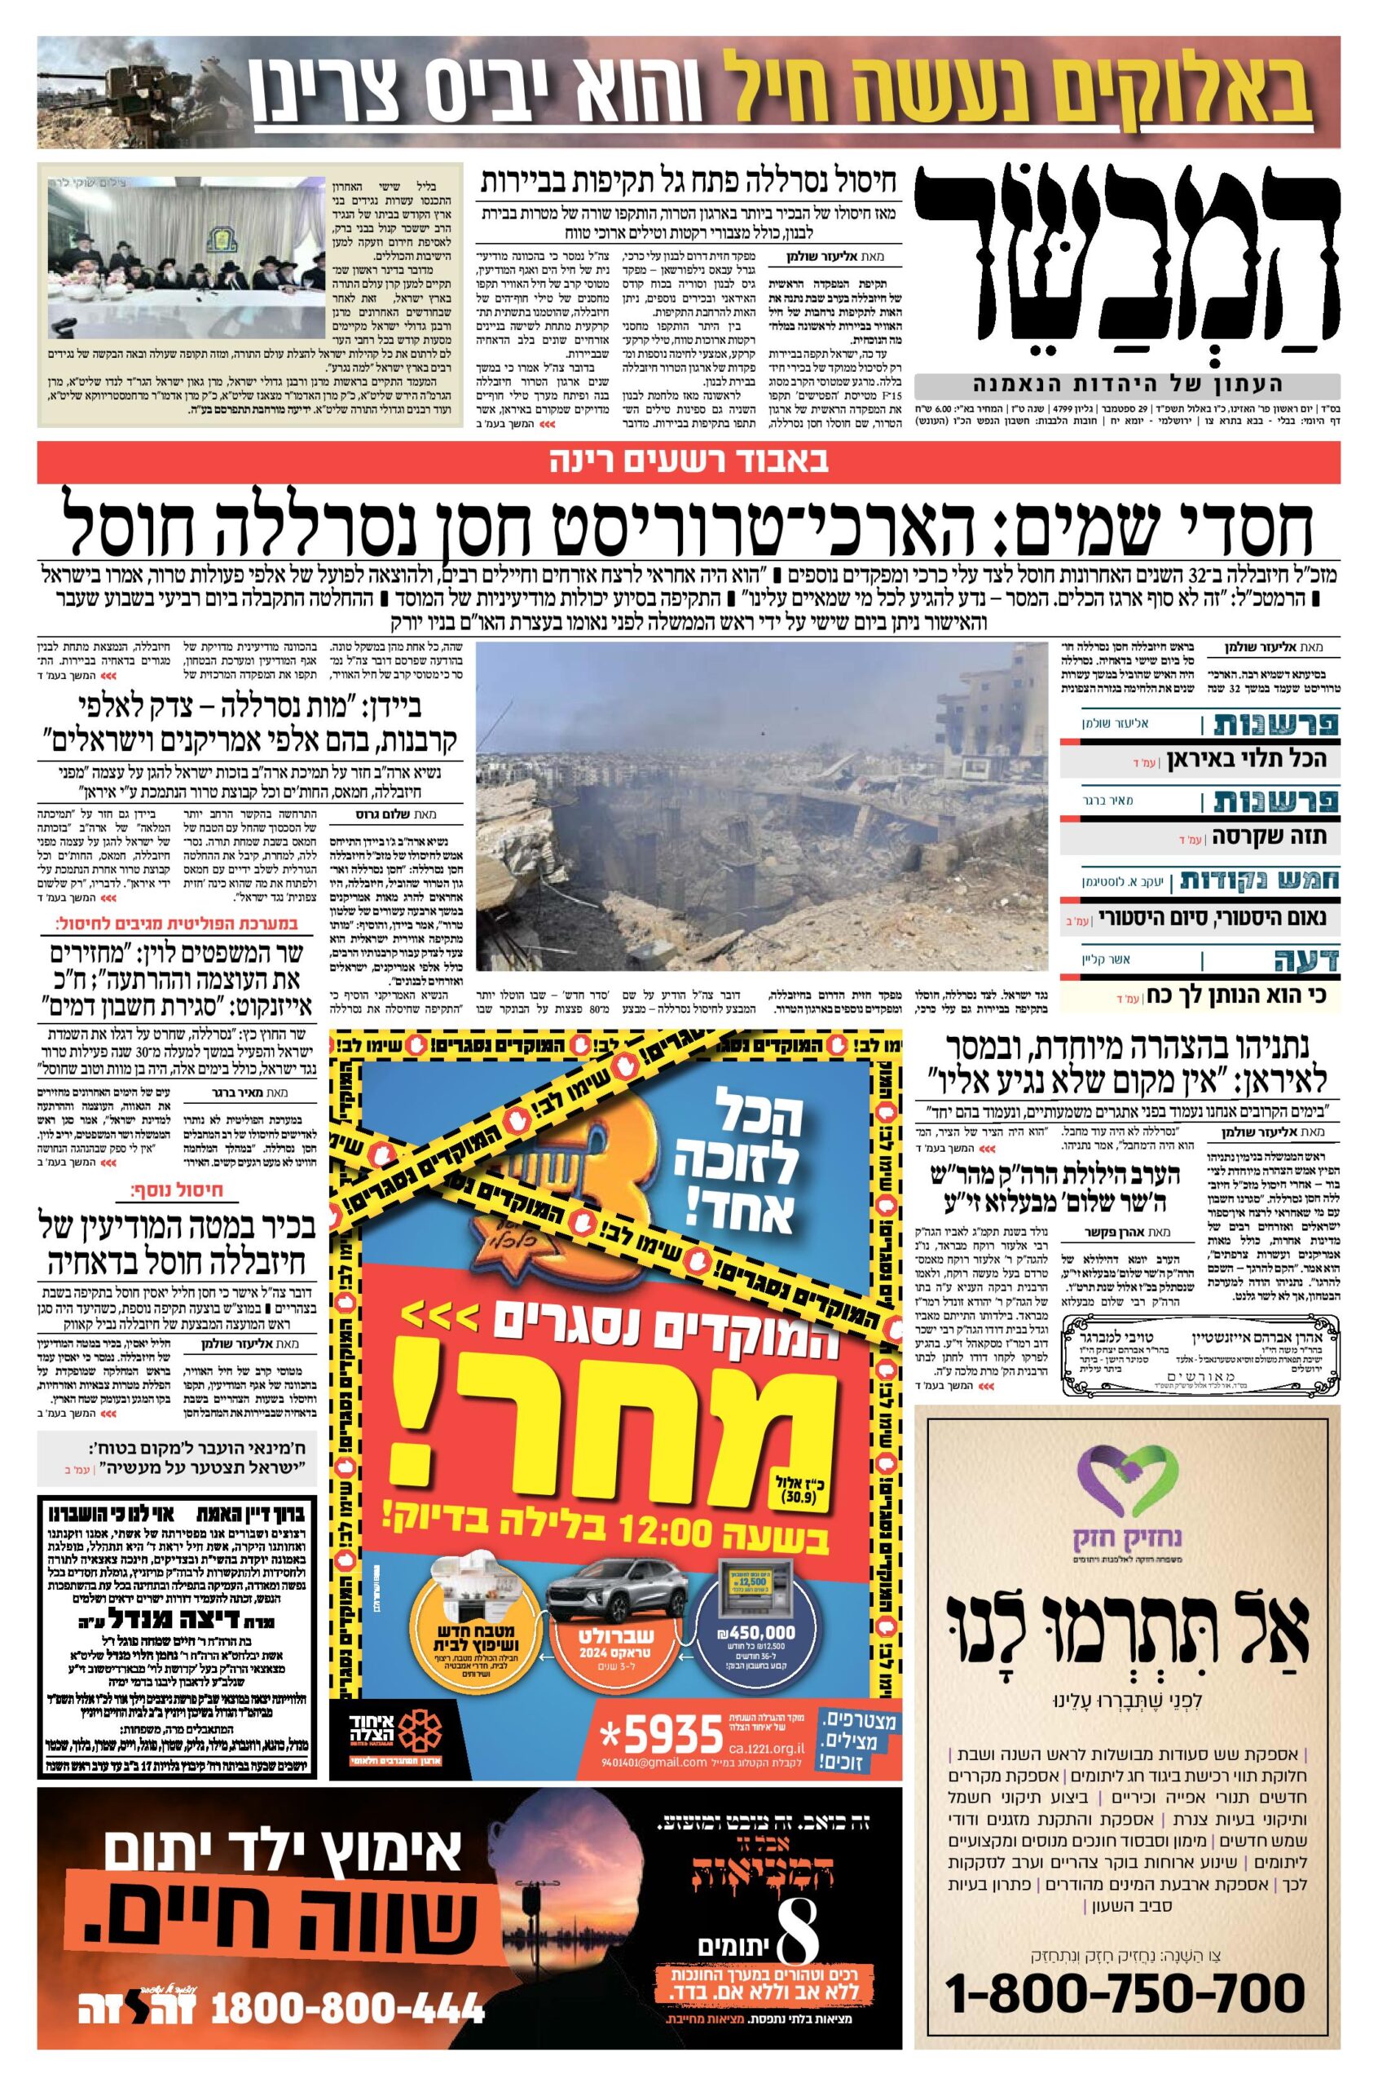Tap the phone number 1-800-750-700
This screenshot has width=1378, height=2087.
(1127, 1967)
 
